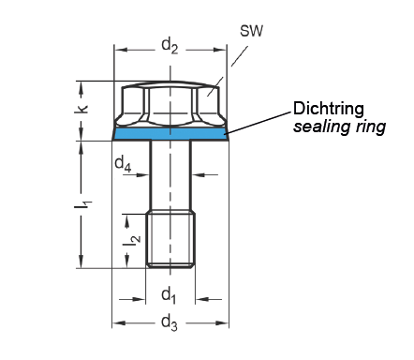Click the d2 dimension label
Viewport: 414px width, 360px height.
[170, 46]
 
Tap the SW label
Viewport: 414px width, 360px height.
[251, 31]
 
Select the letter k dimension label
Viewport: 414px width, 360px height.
[81, 109]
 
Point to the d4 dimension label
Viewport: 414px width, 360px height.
[123, 164]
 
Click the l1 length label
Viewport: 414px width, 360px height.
[82, 204]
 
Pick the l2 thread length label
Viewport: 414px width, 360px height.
[132, 239]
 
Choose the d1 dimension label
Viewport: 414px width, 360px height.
[169, 295]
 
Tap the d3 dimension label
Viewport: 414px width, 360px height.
[170, 322]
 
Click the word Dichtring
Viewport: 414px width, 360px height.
[329, 109]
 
